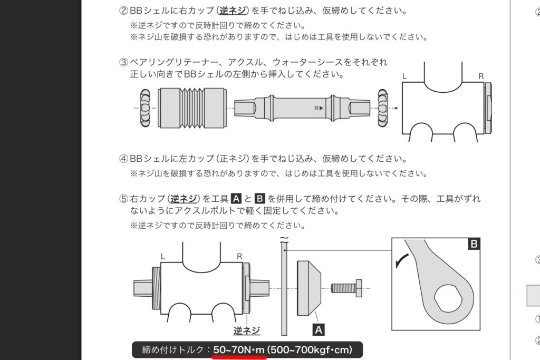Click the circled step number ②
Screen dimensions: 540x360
click(123, 11)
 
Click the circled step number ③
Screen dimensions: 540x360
click(123, 62)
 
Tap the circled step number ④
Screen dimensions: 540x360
click(123, 159)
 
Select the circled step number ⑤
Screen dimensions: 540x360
click(123, 199)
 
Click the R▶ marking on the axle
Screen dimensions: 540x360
click(319, 108)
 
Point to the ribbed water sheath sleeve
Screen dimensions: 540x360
click(192, 108)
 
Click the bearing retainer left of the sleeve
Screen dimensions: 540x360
click(145, 108)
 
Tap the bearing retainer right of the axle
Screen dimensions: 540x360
click(383, 108)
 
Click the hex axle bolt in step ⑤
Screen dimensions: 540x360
click(346, 288)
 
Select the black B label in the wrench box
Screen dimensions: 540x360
click(474, 244)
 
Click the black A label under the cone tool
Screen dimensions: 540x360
click(319, 330)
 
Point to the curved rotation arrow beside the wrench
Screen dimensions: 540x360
click(401, 260)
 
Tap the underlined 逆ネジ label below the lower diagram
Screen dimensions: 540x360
click(247, 330)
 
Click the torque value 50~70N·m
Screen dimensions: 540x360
click(239, 350)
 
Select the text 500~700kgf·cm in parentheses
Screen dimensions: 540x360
click(310, 350)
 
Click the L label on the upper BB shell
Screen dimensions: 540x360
click(404, 76)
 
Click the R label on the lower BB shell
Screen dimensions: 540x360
click(239, 256)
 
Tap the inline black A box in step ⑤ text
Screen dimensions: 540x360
click(236, 199)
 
